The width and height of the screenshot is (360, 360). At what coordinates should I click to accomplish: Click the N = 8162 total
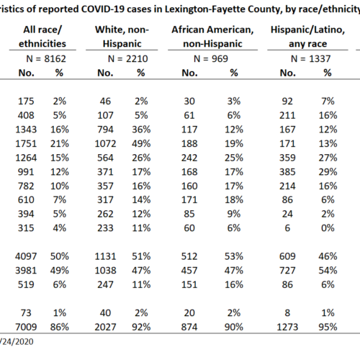(46, 59)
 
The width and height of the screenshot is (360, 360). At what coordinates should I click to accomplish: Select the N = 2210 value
(127, 59)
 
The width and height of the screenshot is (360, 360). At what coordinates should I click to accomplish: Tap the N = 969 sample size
(211, 59)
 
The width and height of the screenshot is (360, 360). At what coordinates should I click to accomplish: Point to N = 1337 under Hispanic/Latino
(310, 59)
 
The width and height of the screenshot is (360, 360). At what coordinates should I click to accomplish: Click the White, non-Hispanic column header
(122, 37)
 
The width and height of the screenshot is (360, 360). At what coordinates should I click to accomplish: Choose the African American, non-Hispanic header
(212, 37)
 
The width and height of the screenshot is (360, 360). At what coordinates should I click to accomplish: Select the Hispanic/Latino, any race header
(307, 37)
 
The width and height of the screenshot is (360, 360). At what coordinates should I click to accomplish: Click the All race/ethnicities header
(42, 37)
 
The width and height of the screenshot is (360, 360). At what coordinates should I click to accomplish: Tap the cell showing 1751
(26, 144)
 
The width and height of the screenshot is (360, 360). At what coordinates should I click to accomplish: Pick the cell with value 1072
(105, 144)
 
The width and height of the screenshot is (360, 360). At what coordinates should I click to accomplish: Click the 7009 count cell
(26, 327)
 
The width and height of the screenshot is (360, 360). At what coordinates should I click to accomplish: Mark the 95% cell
(328, 327)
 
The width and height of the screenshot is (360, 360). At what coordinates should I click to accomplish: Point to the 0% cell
(328, 228)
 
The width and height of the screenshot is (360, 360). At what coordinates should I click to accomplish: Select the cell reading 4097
(26, 256)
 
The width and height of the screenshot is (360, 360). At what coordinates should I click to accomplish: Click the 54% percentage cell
(328, 271)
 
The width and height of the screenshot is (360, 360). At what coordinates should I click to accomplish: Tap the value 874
(189, 327)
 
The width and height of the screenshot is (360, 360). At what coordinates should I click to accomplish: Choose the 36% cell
(141, 130)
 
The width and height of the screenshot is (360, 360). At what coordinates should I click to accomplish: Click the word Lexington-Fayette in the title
(206, 9)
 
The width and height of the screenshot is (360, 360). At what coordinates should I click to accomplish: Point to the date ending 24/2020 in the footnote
(17, 342)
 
